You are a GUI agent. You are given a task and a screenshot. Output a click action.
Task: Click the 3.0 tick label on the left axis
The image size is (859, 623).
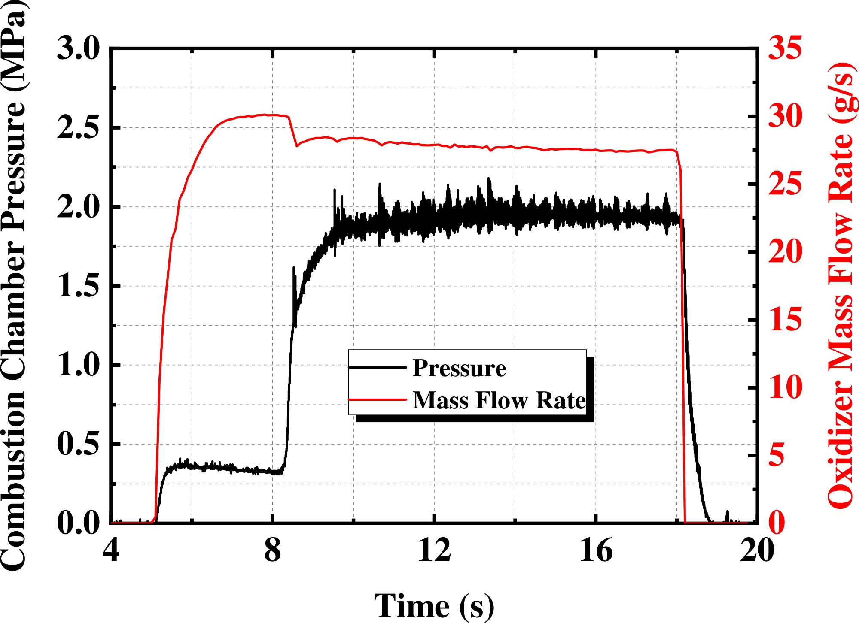point(78,48)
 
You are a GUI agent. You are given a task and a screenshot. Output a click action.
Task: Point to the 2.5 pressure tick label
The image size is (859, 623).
point(78,127)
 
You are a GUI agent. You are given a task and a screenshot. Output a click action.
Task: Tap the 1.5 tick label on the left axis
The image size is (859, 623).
point(78,286)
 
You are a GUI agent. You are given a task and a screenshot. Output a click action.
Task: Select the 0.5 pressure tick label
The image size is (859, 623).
point(78,444)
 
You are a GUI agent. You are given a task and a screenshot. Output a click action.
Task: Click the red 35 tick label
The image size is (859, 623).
point(785,47)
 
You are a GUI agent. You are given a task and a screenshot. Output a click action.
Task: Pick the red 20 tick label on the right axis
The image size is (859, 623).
point(785,251)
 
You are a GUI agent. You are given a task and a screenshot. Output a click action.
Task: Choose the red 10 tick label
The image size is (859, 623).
point(785,387)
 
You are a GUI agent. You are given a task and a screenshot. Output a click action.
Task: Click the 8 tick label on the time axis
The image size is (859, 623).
point(273,550)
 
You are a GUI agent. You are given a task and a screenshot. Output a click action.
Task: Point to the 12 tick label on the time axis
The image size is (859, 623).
point(434,550)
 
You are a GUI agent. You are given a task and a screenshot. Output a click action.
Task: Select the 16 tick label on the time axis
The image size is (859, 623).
point(596,550)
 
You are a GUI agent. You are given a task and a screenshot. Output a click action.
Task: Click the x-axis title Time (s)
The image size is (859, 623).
point(434,605)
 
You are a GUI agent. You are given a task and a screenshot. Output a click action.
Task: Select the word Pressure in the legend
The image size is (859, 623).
point(459,368)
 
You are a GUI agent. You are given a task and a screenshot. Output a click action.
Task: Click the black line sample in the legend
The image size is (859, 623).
point(377,367)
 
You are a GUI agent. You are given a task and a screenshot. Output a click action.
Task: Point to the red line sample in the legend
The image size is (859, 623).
point(377,399)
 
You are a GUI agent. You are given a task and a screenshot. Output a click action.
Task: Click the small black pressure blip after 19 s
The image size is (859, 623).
point(727,515)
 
